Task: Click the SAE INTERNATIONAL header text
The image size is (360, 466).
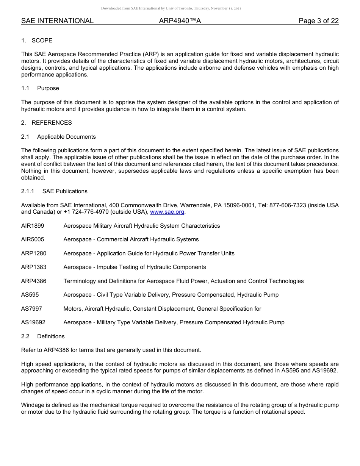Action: pyautogui.click(x=57, y=21)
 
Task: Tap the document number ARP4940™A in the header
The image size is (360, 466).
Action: pyautogui.click(x=180, y=21)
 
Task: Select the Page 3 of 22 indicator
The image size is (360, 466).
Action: pyautogui.click(x=318, y=21)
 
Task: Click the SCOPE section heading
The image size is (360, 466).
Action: pyautogui.click(x=42, y=41)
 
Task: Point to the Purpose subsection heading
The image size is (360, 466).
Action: pyautogui.click(x=48, y=88)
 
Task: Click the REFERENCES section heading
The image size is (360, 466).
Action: pyautogui.click(x=52, y=123)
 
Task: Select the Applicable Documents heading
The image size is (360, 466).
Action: pyautogui.click(x=66, y=137)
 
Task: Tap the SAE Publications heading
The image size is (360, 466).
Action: pyautogui.click(x=65, y=191)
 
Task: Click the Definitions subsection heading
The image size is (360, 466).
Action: pyautogui.click(x=51, y=336)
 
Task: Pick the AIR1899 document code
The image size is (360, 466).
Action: pyautogui.click(x=33, y=226)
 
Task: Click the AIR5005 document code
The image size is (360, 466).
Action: pyautogui.click(x=33, y=239)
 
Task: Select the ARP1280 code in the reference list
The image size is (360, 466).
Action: pyautogui.click(x=34, y=253)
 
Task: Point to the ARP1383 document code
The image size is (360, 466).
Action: pyautogui.click(x=34, y=267)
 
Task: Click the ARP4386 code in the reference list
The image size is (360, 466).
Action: pyautogui.click(x=34, y=281)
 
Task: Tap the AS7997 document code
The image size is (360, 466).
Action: pyautogui.click(x=31, y=309)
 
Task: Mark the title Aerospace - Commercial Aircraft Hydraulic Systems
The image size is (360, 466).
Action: pyautogui.click(x=131, y=239)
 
